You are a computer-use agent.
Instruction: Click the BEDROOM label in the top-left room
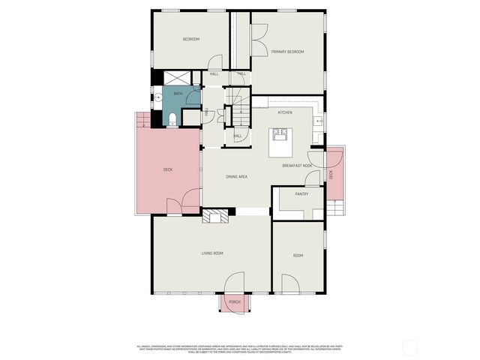click(x=190, y=39)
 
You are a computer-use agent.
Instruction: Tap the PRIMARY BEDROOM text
click(x=288, y=52)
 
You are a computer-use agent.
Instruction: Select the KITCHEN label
click(x=285, y=112)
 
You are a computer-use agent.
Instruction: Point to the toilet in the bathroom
click(x=172, y=118)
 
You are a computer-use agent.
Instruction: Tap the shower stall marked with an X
click(x=177, y=76)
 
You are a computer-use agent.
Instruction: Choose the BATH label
click(x=178, y=94)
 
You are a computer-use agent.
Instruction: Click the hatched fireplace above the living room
click(x=216, y=216)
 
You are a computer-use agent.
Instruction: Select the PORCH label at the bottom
click(x=234, y=302)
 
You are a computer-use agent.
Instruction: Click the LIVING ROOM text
click(x=212, y=253)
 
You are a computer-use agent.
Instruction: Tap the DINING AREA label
click(x=237, y=176)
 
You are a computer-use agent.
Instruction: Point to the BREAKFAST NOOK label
click(x=297, y=165)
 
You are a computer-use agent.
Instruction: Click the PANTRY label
click(x=301, y=194)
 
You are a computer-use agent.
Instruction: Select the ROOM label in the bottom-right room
click(x=298, y=256)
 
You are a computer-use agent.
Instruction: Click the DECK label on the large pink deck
click(x=168, y=170)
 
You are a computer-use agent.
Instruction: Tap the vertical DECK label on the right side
click(x=331, y=174)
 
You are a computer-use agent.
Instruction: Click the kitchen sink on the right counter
click(x=318, y=120)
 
